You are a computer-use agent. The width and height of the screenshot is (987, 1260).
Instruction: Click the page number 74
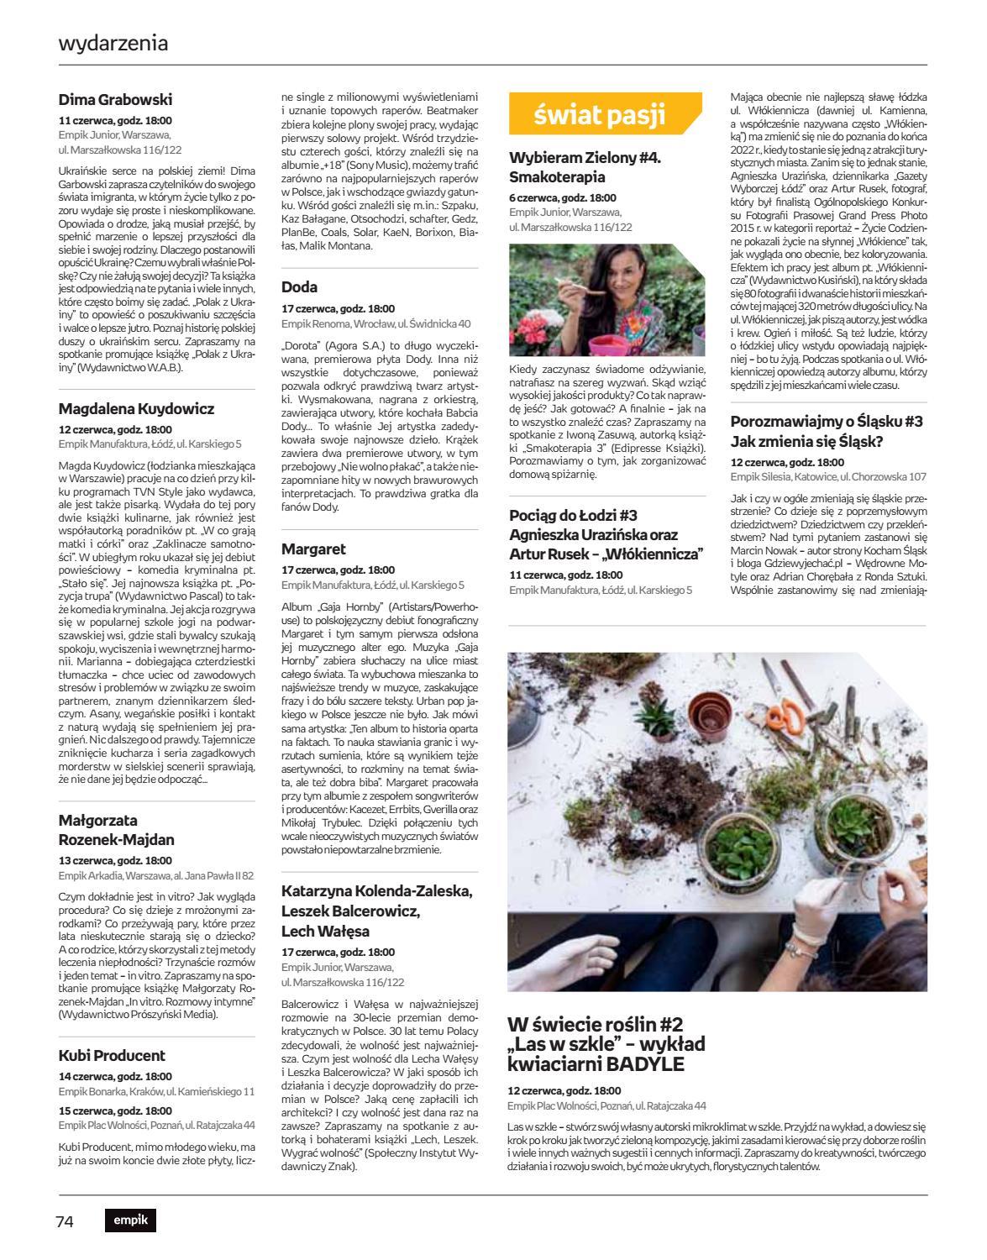click(66, 1221)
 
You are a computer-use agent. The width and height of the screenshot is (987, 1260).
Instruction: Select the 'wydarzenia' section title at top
click(113, 43)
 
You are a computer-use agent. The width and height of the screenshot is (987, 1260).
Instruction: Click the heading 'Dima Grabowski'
click(115, 100)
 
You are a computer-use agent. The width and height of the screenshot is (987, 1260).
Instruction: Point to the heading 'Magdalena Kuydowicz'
click(136, 409)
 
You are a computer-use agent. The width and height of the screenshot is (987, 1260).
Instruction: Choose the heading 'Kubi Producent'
click(112, 1056)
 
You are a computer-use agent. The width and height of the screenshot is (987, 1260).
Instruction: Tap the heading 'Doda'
click(299, 287)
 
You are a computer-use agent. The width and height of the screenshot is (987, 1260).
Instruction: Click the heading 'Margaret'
click(313, 549)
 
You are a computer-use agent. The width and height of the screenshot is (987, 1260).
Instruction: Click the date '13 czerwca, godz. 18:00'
click(115, 861)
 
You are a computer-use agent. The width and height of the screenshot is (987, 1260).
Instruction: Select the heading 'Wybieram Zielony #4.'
click(585, 158)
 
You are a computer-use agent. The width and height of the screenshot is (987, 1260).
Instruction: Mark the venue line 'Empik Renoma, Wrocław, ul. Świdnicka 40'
click(375, 323)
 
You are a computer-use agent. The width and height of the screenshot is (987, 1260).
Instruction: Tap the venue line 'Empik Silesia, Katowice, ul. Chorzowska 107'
click(828, 476)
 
